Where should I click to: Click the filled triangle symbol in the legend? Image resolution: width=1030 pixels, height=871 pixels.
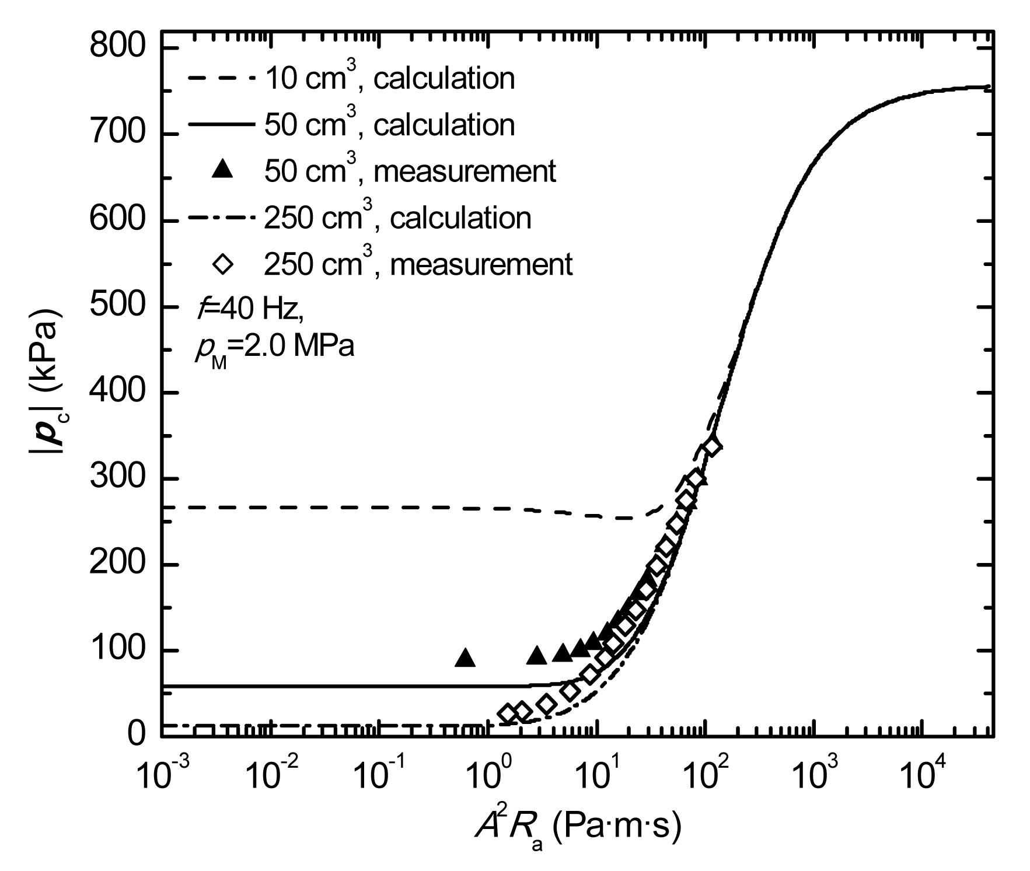click(x=222, y=170)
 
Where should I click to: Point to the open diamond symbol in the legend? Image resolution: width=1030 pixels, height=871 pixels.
click(x=222, y=264)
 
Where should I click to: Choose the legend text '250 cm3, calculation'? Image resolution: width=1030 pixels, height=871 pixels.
click(x=397, y=218)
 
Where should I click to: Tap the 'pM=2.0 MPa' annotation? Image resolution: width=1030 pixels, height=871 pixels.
click(x=274, y=348)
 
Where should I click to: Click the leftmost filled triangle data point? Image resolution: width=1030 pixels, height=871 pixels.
click(x=465, y=657)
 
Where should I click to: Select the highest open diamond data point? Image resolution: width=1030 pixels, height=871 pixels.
click(x=713, y=446)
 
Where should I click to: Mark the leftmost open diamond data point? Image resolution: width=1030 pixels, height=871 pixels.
click(x=508, y=713)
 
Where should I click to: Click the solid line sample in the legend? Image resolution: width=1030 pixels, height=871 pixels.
click(x=222, y=124)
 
